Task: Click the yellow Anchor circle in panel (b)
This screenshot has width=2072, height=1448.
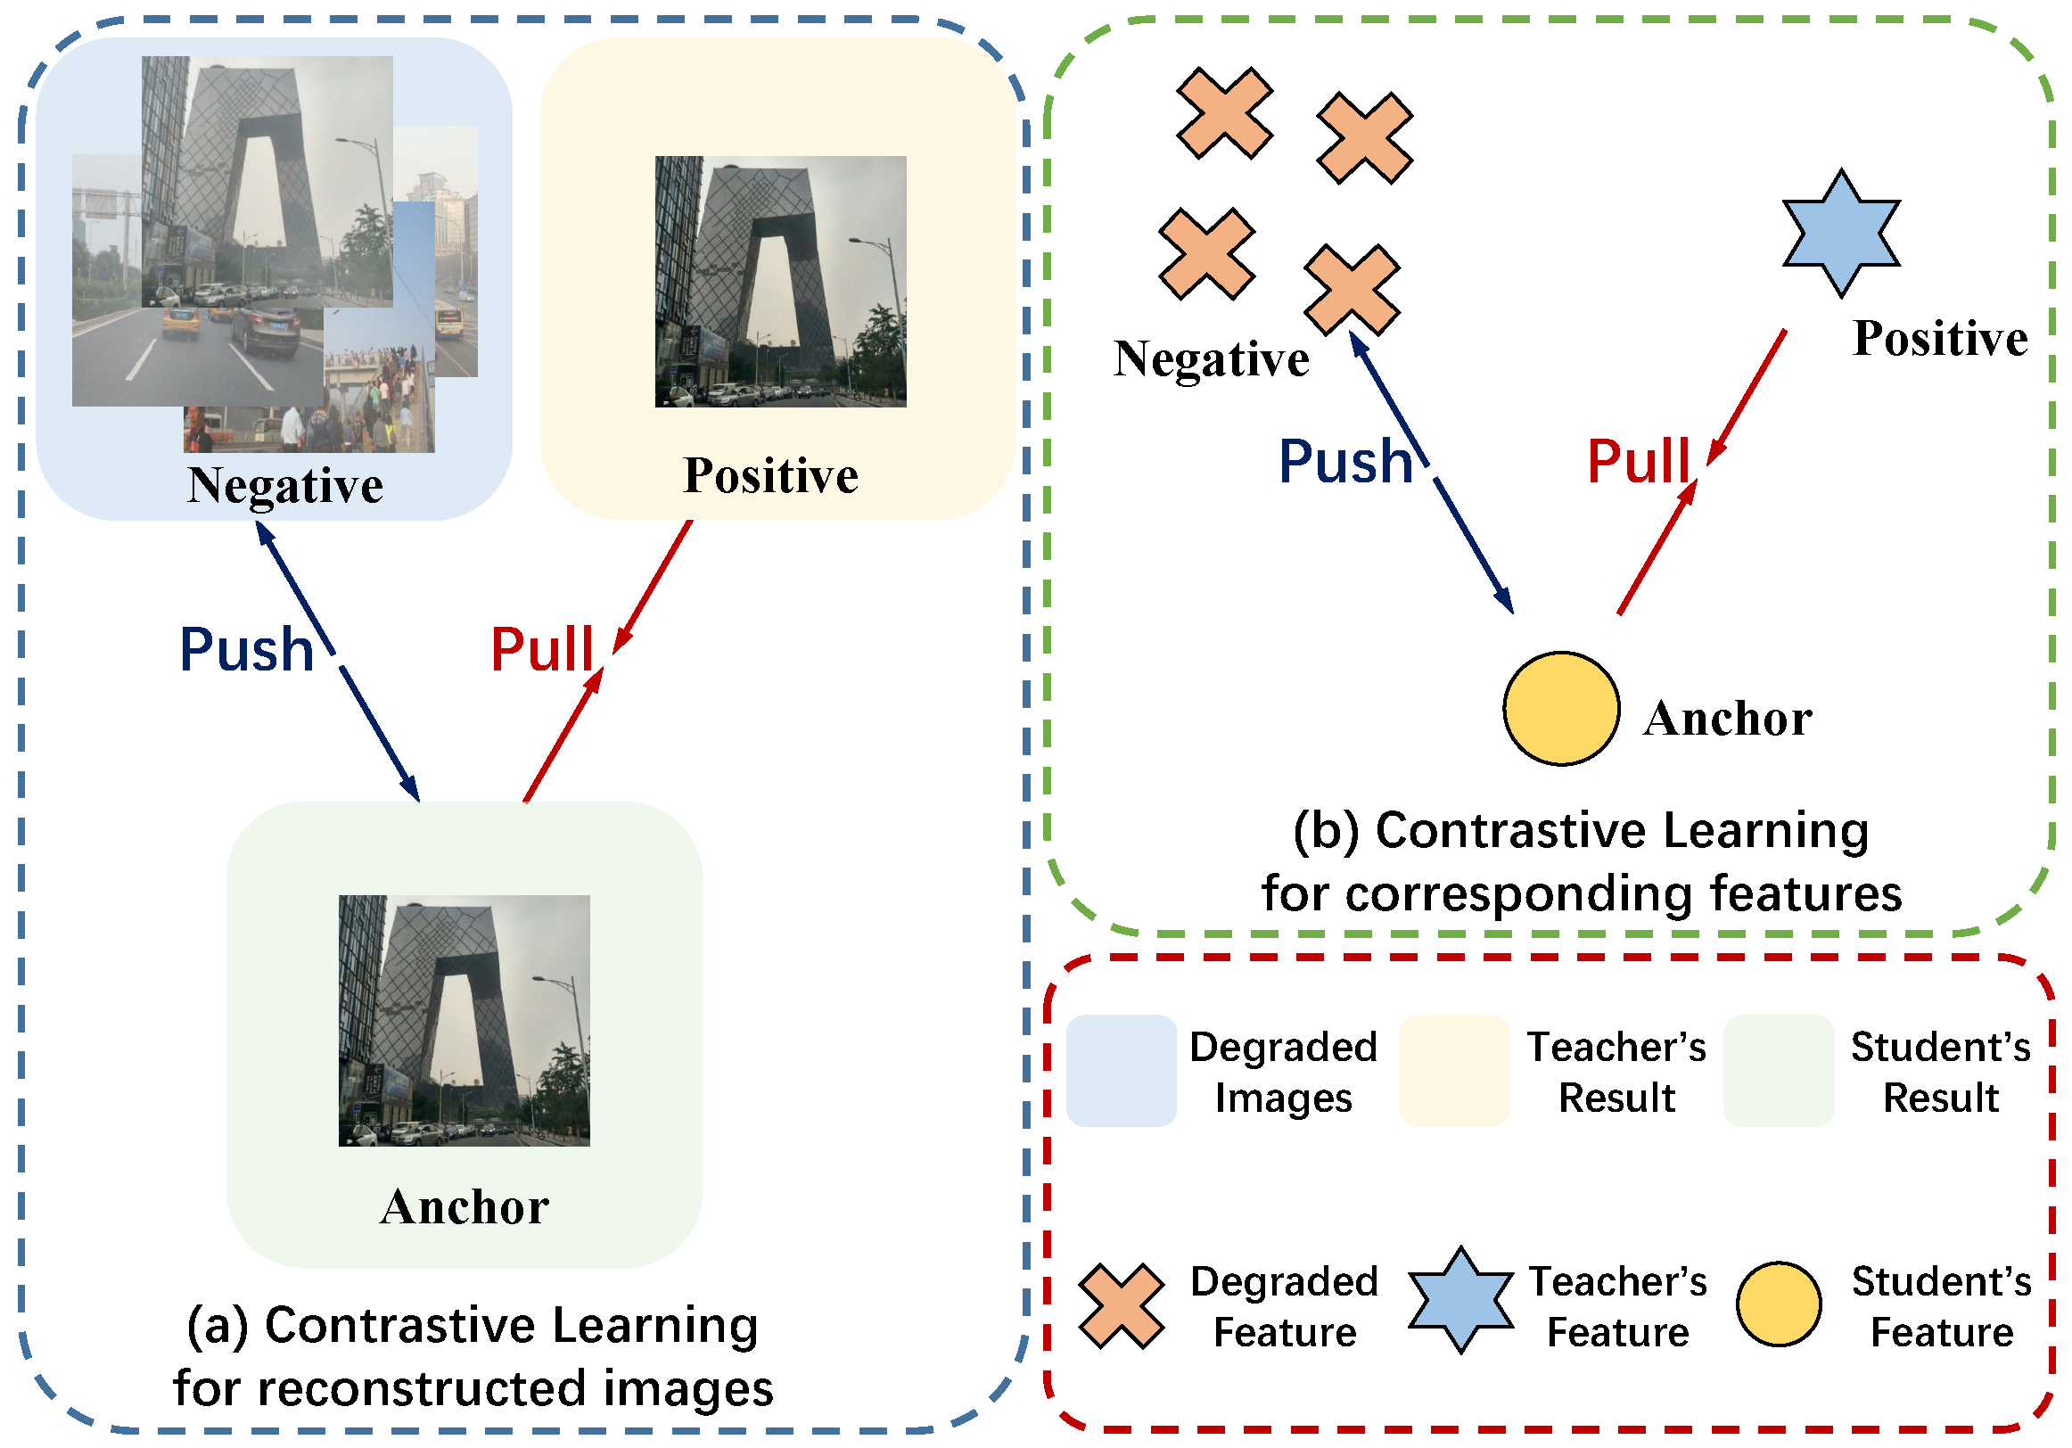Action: tap(1560, 709)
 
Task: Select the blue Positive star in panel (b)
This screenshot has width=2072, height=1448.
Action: tap(1841, 233)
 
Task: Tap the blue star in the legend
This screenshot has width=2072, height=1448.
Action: tap(1460, 1300)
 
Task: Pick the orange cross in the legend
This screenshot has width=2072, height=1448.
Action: tap(1121, 1305)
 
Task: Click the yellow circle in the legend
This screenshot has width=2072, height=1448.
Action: tap(1778, 1304)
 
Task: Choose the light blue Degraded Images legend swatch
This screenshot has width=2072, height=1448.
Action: tap(1121, 1070)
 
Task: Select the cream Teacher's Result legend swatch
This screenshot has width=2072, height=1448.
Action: tap(1454, 1070)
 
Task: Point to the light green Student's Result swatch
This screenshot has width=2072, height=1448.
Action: tap(1778, 1070)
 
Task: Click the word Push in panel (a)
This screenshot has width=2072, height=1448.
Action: tap(246, 650)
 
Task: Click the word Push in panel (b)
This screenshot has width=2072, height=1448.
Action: tap(1345, 462)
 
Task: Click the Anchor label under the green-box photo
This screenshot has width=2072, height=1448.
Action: tap(465, 1206)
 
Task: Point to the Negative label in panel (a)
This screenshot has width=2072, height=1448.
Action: tap(285, 486)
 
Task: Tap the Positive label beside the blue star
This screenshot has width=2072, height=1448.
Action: tap(1940, 339)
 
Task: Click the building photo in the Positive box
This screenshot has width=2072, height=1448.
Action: tap(781, 281)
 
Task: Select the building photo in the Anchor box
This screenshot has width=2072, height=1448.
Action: tap(464, 1020)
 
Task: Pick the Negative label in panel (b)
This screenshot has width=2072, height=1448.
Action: tap(1211, 359)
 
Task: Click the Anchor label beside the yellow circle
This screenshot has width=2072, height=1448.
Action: tap(1727, 719)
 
